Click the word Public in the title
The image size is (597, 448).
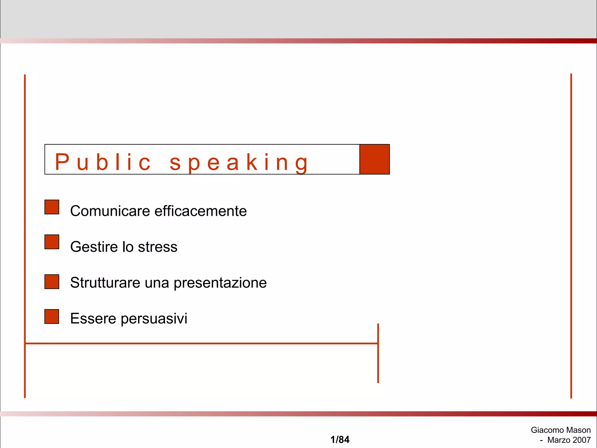click(x=103, y=162)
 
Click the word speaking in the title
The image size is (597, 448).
click(x=238, y=163)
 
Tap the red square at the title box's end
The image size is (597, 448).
click(x=375, y=159)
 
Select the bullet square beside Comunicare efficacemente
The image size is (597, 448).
click(x=52, y=207)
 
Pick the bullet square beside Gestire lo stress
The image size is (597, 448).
click(x=52, y=242)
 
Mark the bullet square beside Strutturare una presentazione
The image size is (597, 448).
click(x=52, y=282)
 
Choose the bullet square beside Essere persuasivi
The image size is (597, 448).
click(x=52, y=316)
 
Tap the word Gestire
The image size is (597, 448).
click(x=94, y=247)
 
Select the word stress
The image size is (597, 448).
click(x=157, y=247)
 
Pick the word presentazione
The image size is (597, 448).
click(x=220, y=283)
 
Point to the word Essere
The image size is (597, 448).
click(x=93, y=318)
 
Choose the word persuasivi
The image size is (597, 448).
click(x=154, y=319)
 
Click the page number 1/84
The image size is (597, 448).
click(x=340, y=440)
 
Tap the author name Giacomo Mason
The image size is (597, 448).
click(x=561, y=430)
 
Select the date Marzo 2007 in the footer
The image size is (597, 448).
click(x=569, y=440)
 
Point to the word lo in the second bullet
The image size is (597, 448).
click(x=128, y=247)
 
